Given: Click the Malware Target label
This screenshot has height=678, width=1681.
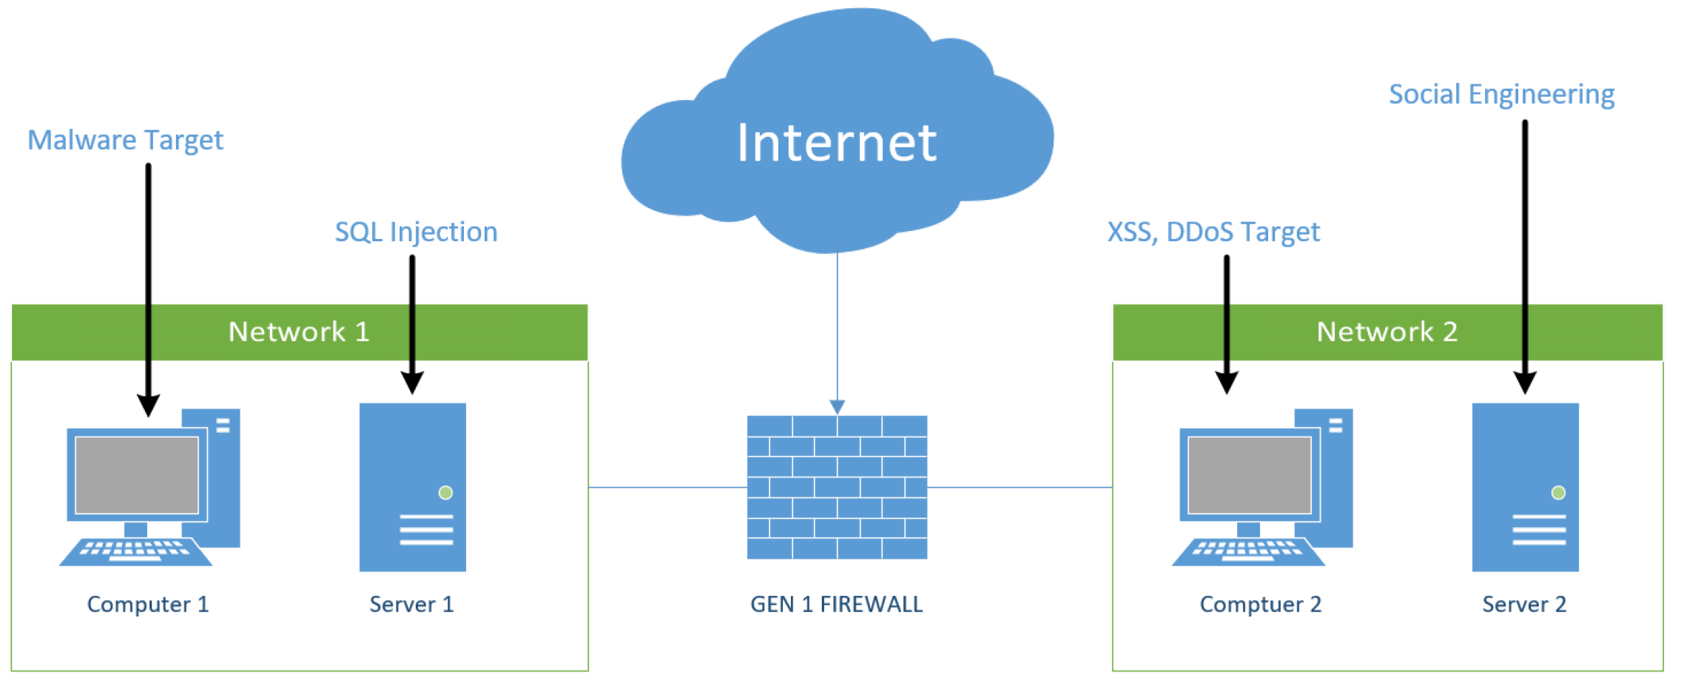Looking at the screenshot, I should pos(125,140).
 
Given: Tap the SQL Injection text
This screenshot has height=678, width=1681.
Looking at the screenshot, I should pos(416,232).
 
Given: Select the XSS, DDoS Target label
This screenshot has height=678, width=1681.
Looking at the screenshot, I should pos(1213,232).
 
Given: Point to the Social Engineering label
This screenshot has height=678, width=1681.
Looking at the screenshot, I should pos(1501,94).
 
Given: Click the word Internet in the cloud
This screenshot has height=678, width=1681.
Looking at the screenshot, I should pos(837,142).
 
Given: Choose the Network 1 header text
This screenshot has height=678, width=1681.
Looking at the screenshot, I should pos(299,332).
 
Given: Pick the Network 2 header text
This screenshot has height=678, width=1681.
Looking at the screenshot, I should pos(1387,332).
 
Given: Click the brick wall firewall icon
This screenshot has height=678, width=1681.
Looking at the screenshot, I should pos(837,487).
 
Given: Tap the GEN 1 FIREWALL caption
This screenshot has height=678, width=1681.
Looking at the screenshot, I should pos(836,604).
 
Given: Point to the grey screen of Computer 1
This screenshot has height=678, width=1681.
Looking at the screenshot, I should pos(137,474).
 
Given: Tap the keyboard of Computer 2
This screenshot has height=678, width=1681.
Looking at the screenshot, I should pos(1247,550).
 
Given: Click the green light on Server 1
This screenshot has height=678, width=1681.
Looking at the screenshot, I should pos(445,492).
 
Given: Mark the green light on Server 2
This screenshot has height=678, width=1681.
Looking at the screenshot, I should pos(1558,492).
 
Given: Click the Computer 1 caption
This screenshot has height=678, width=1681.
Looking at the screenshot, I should pos(148,604).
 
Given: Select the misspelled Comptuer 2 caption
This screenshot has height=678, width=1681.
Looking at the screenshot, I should pos(1260,604).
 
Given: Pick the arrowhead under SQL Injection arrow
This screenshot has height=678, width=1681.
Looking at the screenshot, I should pos(412,383).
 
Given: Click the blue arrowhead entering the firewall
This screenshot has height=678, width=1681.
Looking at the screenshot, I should pos(837,407).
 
